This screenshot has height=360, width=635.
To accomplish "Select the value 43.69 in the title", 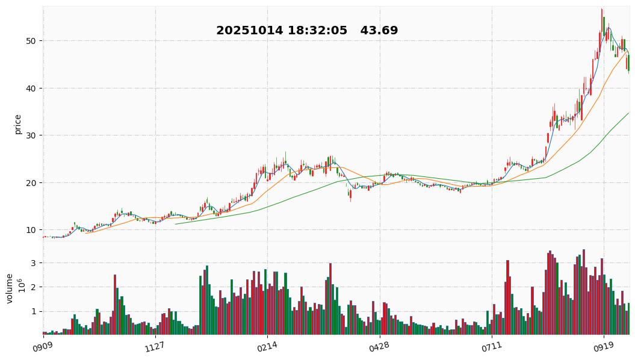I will [379, 31].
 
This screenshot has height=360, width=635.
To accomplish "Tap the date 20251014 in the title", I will [249, 31].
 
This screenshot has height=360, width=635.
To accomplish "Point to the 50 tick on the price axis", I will [30, 41].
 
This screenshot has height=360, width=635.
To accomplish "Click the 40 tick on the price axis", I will [30, 88].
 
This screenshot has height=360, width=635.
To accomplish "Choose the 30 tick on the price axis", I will [30, 135].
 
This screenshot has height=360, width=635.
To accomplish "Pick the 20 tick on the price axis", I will [30, 183].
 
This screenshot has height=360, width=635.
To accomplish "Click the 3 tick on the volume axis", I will [33, 263].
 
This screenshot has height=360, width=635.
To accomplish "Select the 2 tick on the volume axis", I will [33, 287].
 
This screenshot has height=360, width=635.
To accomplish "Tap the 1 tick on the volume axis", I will [33, 311].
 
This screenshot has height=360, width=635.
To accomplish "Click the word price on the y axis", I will [18, 124].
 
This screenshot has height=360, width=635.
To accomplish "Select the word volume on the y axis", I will [10, 288].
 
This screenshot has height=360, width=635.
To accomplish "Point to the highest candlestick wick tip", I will [601, 9].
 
